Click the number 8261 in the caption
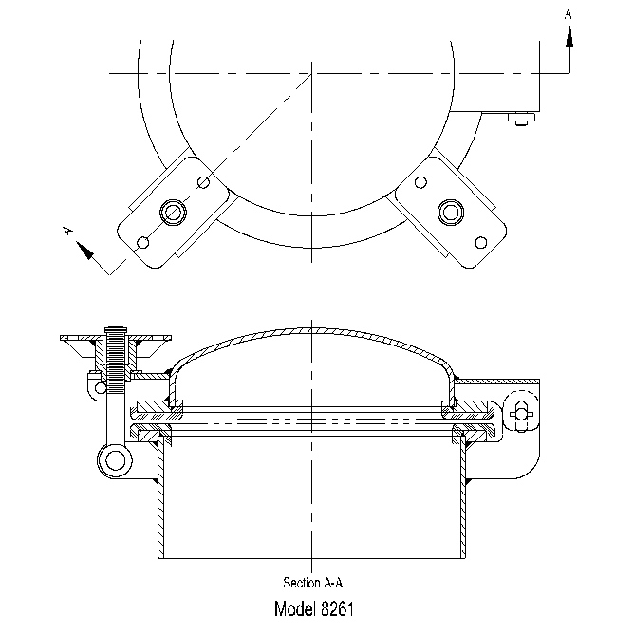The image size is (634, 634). [x=341, y=608]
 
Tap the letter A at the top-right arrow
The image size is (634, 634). [x=569, y=14]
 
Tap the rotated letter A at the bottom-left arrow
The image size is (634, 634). [x=66, y=229]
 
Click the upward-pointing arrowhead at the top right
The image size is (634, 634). [x=569, y=36]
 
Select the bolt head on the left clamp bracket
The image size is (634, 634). [x=173, y=211]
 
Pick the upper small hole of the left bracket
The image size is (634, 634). [x=203, y=182]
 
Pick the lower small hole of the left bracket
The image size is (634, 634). [x=142, y=242]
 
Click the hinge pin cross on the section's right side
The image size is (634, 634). [x=519, y=412]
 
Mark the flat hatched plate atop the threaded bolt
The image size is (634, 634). [x=116, y=337]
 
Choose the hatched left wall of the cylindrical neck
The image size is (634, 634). [x=161, y=503]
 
